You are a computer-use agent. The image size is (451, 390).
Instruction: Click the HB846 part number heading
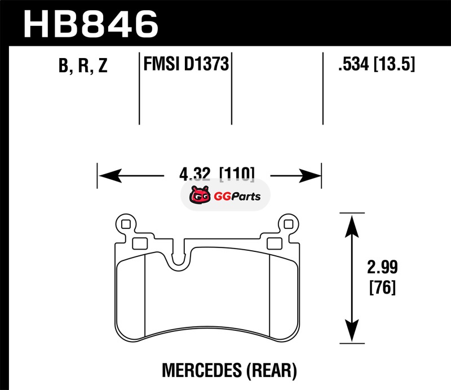click(x=91, y=24)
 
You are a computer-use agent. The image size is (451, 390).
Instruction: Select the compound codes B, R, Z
click(x=83, y=65)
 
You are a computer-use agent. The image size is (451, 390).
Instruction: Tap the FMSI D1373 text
click(x=186, y=64)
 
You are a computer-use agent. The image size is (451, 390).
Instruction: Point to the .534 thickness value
click(x=353, y=64)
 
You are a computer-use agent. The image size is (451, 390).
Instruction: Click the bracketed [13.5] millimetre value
click(x=394, y=64)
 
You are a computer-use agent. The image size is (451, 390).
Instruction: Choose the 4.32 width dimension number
click(x=194, y=174)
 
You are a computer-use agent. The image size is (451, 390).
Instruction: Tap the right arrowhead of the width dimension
click(x=309, y=175)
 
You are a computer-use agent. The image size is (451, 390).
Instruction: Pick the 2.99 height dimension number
click(x=382, y=267)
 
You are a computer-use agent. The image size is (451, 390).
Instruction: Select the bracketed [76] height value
click(x=383, y=287)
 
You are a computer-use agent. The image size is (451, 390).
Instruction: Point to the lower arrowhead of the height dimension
click(x=352, y=330)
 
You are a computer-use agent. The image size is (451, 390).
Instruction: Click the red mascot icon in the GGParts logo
click(x=200, y=194)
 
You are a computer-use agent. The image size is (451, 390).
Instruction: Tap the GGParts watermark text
click(x=237, y=197)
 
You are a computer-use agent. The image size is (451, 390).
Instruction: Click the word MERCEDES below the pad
click(x=202, y=370)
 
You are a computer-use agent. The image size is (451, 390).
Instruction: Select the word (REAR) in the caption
click(x=272, y=370)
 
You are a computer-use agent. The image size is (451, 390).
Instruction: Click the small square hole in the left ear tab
click(x=126, y=224)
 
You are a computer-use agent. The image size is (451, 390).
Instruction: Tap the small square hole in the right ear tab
click(x=289, y=224)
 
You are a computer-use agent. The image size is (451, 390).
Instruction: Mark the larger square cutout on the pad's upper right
click(x=275, y=243)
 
